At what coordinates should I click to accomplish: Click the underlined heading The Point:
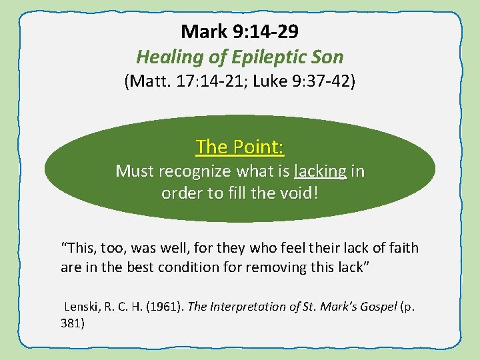240,146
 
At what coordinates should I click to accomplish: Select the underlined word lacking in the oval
320,171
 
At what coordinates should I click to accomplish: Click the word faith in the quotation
403,248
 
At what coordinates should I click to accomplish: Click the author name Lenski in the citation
81,307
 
